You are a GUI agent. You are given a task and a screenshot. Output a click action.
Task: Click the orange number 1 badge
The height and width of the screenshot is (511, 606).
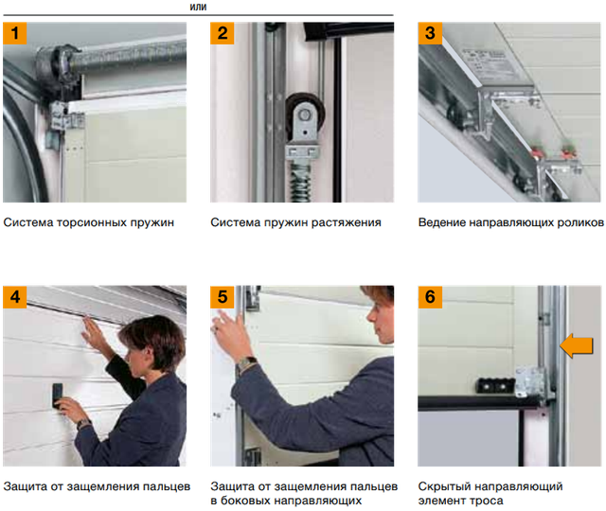[15, 33]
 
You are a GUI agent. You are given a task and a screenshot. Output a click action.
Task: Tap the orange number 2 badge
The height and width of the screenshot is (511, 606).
[223, 33]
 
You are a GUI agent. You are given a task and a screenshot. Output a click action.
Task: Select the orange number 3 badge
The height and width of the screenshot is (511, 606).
[430, 33]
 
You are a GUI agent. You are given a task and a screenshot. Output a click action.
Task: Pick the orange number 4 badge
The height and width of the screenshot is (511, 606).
[15, 297]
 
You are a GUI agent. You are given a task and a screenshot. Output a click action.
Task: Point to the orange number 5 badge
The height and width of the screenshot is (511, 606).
[223, 297]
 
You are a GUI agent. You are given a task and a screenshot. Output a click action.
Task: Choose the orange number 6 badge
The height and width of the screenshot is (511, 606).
[430, 297]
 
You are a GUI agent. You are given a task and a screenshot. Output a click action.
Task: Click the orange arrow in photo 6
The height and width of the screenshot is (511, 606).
[577, 345]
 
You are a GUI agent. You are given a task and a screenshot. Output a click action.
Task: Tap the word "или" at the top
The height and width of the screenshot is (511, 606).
[198, 7]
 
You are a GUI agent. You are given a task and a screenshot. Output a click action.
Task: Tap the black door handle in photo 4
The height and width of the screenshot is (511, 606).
[58, 396]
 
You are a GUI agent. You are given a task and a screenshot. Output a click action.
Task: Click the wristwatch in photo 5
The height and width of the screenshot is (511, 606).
[247, 363]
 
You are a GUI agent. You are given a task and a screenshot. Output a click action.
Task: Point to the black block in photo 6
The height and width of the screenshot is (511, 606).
[495, 385]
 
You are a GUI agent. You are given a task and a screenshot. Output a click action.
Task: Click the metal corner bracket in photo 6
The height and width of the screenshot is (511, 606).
[530, 382]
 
